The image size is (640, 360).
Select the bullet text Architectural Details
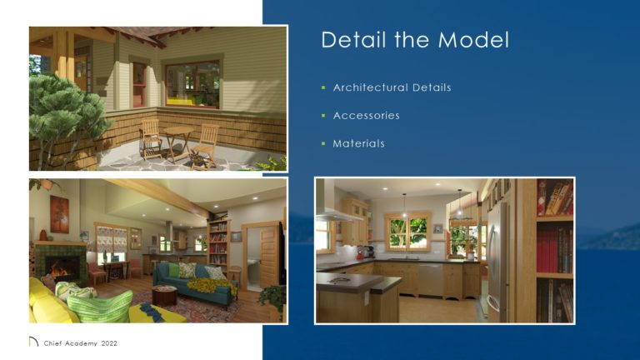392,87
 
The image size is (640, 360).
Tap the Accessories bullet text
366,116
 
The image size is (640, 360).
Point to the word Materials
358,143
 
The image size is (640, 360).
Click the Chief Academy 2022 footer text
80,342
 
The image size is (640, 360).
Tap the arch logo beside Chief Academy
33,342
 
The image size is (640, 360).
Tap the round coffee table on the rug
164,295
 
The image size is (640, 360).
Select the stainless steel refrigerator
498,250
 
